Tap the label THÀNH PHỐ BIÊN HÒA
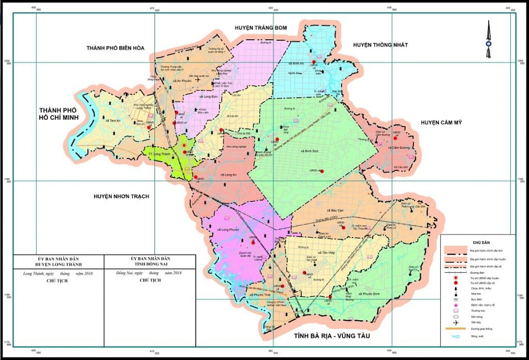pyautogui.click(x=116, y=48)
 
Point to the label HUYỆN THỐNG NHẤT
pyautogui.click(x=380, y=45)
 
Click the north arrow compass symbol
pyautogui.click(x=488, y=39)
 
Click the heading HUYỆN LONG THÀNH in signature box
pyautogui.click(x=58, y=264)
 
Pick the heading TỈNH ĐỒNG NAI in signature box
pyautogui.click(x=150, y=264)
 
